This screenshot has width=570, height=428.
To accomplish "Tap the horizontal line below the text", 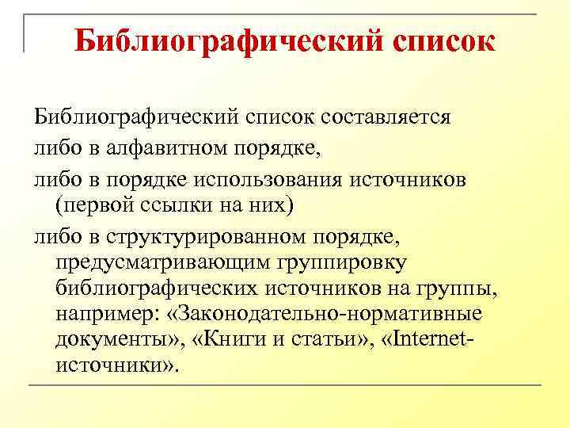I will (285, 385).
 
